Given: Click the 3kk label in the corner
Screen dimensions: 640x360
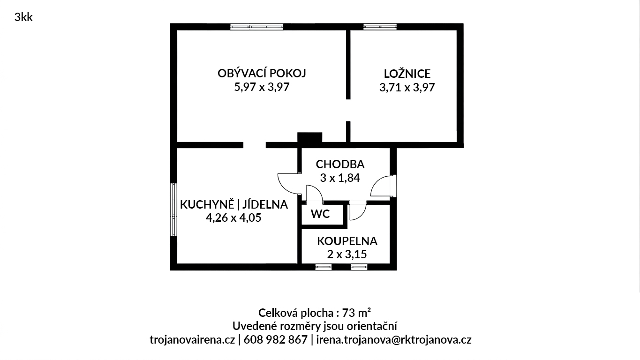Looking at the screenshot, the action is coord(23,17).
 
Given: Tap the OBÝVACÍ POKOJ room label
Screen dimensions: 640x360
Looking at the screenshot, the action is coord(262,73).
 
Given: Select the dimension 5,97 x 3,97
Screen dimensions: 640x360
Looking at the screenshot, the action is coord(262,87).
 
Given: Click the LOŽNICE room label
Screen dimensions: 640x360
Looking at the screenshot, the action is coord(407,74).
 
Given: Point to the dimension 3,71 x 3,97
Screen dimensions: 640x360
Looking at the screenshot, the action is coord(407,88).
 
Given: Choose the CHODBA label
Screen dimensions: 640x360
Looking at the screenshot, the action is coord(340,164).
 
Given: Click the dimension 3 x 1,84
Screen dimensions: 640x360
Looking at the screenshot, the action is coord(340,178).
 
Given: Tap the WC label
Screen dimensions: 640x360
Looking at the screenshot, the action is coord(320,214).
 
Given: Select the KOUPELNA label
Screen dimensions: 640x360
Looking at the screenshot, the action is coord(347,241).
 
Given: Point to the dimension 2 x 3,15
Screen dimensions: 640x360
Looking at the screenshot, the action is coord(347,254).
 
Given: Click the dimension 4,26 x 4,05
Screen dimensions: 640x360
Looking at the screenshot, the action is coord(233,218).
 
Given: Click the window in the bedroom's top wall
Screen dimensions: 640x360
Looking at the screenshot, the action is coord(380,27).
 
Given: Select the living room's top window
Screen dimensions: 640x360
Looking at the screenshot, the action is coord(256,27).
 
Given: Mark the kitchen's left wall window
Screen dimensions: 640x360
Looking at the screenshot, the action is coord(173,210).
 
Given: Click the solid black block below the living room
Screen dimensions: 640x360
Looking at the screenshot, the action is coord(310,137).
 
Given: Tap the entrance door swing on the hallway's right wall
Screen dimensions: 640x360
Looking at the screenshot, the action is coord(384,186).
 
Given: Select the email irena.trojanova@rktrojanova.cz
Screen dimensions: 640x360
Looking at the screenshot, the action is coord(394,340).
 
